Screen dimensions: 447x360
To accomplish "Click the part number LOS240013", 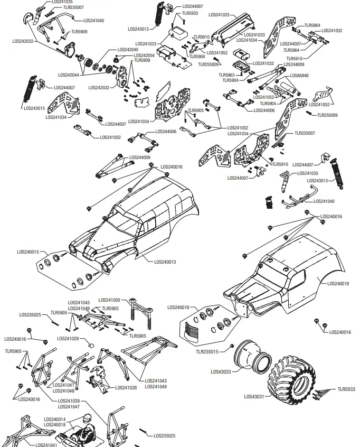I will [x=166, y=262].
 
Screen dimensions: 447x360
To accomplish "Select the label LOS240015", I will [x=28, y=252].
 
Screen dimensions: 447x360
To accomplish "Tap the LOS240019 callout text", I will [x=178, y=307].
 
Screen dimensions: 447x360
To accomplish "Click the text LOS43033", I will [x=221, y=371].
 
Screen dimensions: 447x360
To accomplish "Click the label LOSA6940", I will [x=299, y=76].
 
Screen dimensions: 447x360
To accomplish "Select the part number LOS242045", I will [x=127, y=50].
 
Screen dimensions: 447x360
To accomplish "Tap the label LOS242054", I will [x=144, y=55].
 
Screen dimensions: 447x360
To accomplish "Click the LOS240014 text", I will [x=54, y=419].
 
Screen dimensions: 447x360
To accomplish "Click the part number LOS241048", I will [x=63, y=391].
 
